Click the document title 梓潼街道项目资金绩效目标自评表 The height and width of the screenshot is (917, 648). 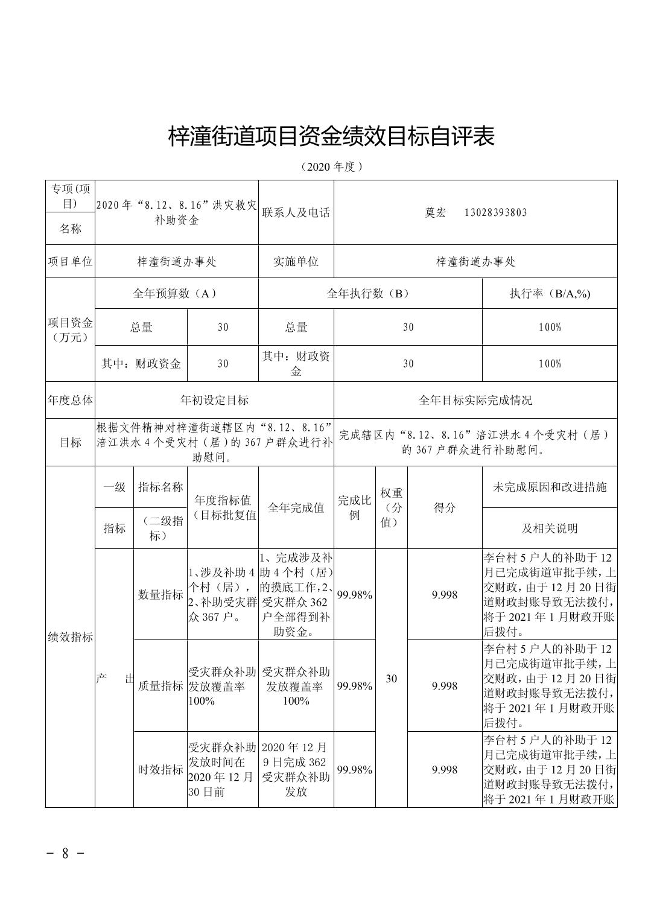click(x=331, y=137)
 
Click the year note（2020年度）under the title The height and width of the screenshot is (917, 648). click(x=331, y=167)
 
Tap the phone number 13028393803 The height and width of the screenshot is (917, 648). click(x=495, y=212)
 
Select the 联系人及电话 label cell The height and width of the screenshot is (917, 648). click(x=296, y=212)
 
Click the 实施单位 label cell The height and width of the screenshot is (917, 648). click(x=296, y=261)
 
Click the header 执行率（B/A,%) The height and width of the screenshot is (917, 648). click(x=550, y=294)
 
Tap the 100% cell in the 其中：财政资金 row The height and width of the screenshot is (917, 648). click(x=550, y=364)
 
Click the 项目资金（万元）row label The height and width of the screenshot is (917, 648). click(x=70, y=330)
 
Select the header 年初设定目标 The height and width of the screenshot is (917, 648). click(x=214, y=400)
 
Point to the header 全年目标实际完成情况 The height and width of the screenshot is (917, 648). click(x=475, y=400)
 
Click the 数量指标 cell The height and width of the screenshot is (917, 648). click(x=160, y=595)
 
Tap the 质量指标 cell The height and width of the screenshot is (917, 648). click(x=160, y=686)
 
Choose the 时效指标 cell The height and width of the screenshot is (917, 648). click(x=160, y=770)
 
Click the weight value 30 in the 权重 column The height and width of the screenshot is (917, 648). click(x=392, y=679)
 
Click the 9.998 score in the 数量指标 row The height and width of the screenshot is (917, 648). click(x=445, y=595)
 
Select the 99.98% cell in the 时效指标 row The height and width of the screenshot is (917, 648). click(x=354, y=770)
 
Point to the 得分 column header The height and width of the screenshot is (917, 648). click(x=445, y=508)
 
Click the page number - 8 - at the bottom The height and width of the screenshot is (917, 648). click(x=65, y=854)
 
